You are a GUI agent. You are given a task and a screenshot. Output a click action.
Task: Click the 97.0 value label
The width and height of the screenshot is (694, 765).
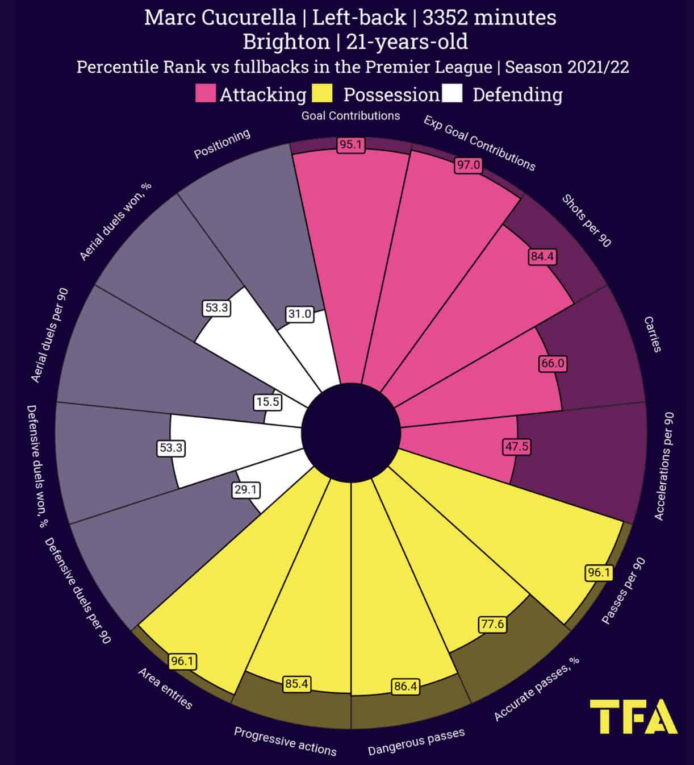pos(469,165)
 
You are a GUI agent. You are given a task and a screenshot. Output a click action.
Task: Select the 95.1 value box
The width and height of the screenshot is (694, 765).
pos(350,144)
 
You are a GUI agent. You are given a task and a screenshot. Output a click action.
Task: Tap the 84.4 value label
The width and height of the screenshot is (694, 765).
pos(542,256)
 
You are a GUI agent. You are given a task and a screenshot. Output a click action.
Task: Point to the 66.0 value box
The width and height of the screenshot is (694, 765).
pos(553,363)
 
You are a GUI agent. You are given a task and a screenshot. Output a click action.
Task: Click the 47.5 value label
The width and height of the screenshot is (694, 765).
pos(517,447)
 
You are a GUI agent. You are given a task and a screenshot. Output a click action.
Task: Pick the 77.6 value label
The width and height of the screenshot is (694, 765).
pos(492,624)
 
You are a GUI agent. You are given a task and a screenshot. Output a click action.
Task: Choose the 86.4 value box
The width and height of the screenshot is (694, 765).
pos(405,686)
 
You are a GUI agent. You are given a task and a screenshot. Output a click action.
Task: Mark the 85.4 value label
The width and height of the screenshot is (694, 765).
pos(296,684)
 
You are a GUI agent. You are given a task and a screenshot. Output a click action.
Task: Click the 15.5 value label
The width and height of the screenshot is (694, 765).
pos(267,402)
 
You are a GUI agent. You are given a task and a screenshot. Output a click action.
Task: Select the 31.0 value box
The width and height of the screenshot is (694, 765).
pos(299,314)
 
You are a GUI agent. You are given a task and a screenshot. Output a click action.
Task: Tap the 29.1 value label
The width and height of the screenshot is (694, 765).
pos(246,489)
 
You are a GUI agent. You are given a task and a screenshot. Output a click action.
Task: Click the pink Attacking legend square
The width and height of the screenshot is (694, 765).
pos(205,94)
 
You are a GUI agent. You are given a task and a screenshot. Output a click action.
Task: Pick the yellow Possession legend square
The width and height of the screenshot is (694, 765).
pos(322,94)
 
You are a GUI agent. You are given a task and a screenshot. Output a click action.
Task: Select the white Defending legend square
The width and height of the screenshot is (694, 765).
pos(452,94)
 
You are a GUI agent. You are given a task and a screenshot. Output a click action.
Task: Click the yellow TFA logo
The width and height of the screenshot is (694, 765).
pos(633,717)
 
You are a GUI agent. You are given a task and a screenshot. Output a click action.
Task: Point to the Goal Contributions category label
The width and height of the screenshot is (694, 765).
pos(350,116)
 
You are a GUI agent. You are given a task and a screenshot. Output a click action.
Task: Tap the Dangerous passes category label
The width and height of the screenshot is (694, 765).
pos(416,742)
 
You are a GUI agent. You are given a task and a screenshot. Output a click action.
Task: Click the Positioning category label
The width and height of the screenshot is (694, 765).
pos(222,144)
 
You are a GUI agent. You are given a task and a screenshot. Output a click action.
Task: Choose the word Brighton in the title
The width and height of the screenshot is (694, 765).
pos(286,42)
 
